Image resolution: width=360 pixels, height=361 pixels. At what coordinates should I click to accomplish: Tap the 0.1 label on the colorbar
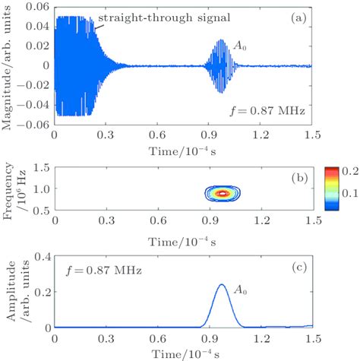point(348,205)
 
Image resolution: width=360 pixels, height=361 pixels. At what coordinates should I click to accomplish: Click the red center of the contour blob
point(223,193)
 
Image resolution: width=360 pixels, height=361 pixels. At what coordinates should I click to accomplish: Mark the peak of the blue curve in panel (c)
point(222,285)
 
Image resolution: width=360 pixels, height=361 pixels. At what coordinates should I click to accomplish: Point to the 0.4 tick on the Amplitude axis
point(42,255)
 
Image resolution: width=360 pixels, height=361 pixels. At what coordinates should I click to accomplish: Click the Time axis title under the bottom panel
point(182,353)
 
